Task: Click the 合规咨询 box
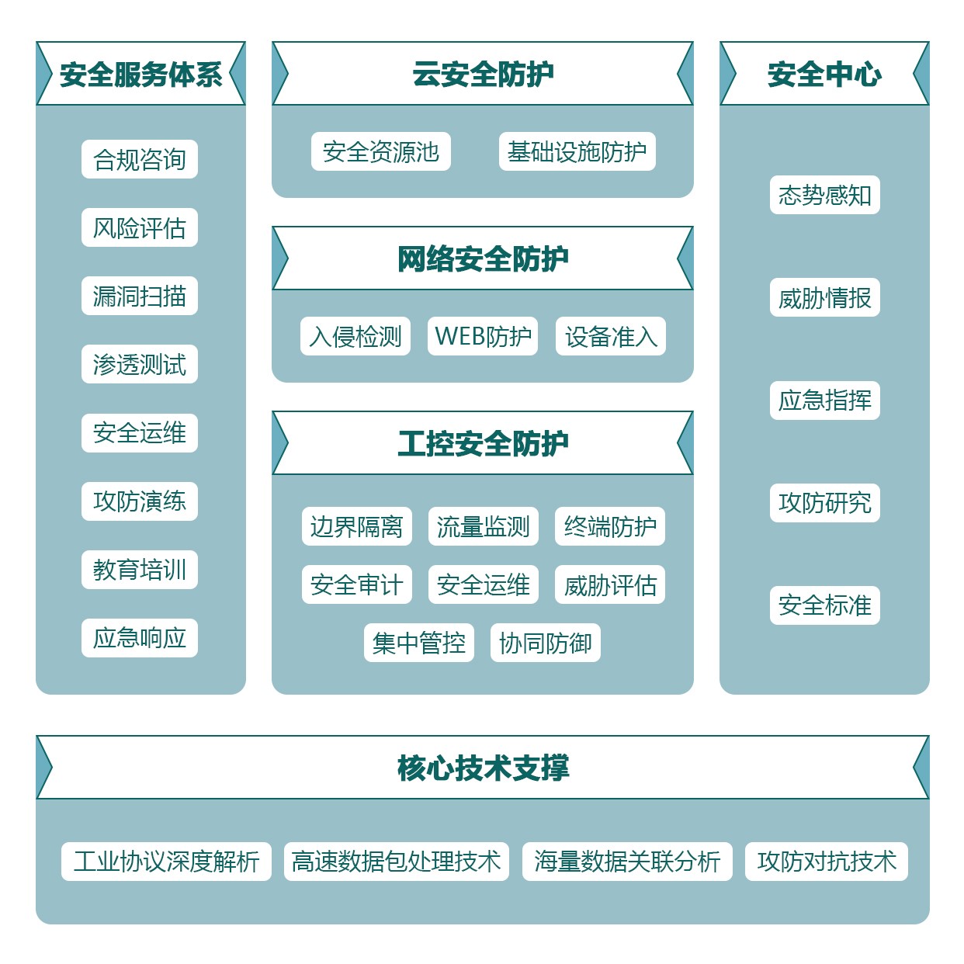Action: [x=140, y=159]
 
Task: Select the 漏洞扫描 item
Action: [x=140, y=296]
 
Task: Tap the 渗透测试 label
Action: [x=140, y=364]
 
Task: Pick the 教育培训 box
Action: [x=140, y=569]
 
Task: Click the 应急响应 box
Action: [x=140, y=638]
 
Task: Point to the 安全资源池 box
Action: [x=380, y=151]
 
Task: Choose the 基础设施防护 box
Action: [x=577, y=151]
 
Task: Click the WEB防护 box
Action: [x=483, y=336]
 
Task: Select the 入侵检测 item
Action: [x=355, y=336]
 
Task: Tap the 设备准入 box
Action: [x=610, y=336]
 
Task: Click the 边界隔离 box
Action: [x=357, y=526]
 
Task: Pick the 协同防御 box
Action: [x=546, y=643]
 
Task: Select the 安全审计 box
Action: [x=357, y=584]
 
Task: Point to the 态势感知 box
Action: [x=825, y=195]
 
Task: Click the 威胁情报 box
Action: [x=825, y=297]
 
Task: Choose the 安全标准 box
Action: [x=825, y=605]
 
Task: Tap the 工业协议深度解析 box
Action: [x=166, y=862]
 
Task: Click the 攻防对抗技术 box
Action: [x=827, y=862]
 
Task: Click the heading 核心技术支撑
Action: [x=484, y=768]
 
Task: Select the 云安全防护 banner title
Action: [x=484, y=74]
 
